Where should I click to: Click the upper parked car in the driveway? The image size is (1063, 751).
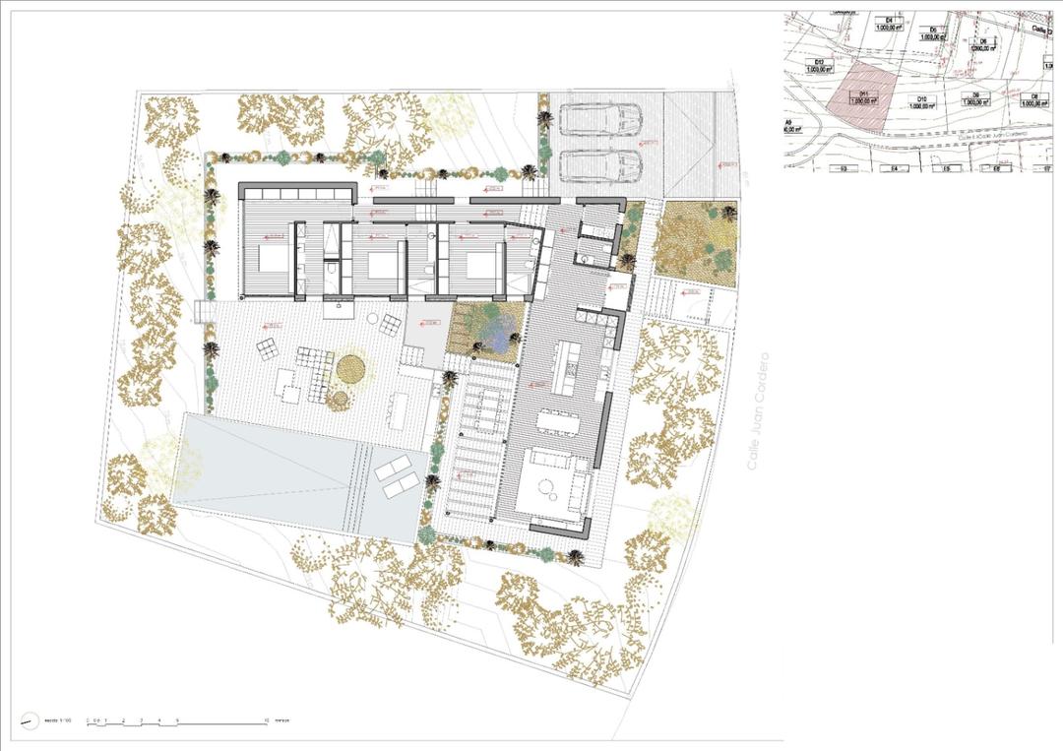pos(600,119)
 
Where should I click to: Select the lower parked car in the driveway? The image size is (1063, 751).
pos(600,166)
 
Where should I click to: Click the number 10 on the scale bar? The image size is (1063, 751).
pos(268,721)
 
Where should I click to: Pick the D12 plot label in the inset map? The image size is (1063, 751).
pos(815,66)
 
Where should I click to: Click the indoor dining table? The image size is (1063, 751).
pos(558,421)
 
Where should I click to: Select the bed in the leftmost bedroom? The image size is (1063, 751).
pos(274,260)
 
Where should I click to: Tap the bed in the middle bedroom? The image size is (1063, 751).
pos(379,263)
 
